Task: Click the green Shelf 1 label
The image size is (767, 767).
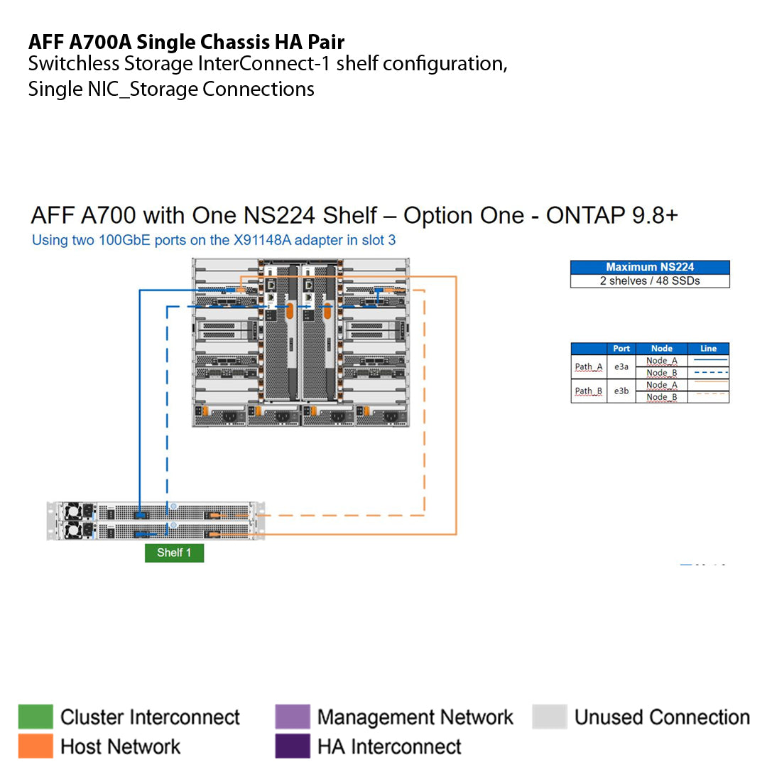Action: tap(174, 553)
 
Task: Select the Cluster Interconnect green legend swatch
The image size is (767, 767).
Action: tap(36, 717)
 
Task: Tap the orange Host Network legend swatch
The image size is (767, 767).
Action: tap(36, 746)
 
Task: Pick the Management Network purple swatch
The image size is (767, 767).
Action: tap(292, 717)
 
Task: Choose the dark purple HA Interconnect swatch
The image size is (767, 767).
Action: tap(292, 746)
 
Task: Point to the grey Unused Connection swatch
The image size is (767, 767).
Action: tap(549, 717)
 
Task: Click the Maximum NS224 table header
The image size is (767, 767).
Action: tap(650, 268)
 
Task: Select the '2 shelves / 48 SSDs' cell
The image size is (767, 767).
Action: tap(650, 281)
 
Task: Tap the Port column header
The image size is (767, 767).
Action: tap(621, 349)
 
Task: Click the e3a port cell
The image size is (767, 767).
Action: tap(621, 367)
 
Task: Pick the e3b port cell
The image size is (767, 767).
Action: tap(621, 391)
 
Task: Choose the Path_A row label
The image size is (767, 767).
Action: tap(589, 367)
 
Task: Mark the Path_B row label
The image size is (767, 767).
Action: tap(589, 391)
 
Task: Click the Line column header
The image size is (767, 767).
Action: tap(708, 349)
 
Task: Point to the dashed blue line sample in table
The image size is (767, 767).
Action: tap(708, 373)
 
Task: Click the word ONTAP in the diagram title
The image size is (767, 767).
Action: tap(586, 216)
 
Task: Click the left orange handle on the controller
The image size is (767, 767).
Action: tap(290, 310)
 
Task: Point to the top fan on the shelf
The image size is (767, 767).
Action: tap(72, 511)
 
